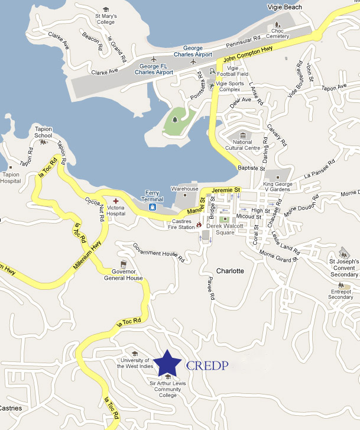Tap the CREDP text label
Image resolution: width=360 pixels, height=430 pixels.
tap(207, 365)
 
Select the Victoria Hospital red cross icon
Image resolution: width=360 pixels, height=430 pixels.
tap(116, 202)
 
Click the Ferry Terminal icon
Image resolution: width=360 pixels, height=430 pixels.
tap(153, 208)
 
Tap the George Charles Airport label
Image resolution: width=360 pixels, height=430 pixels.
tap(197, 51)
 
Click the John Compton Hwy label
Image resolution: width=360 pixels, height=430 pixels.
tap(248, 57)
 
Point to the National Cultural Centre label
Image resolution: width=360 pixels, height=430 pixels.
tap(243, 144)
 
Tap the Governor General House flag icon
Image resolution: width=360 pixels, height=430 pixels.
tap(124, 264)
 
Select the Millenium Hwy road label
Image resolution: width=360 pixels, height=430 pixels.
tap(87, 251)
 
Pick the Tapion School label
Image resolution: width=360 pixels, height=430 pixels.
tap(44, 132)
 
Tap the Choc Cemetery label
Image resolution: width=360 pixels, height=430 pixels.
tap(277, 33)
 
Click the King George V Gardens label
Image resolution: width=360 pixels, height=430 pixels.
tap(278, 187)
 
